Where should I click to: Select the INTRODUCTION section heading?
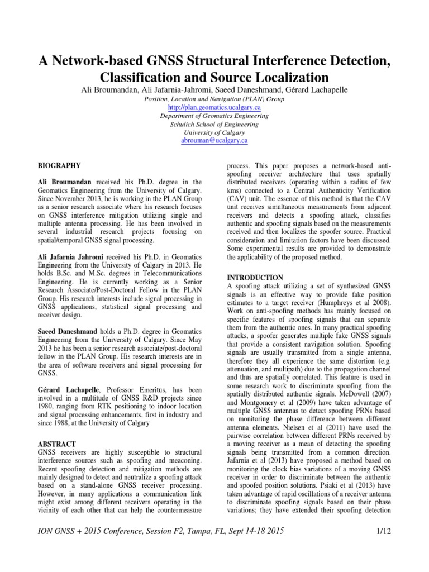(x=255, y=278)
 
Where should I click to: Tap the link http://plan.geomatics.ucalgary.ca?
(x=214, y=107)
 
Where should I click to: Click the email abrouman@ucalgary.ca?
(x=214, y=141)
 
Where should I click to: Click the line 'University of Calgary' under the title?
(x=214, y=132)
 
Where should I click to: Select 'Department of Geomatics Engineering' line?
(x=214, y=116)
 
